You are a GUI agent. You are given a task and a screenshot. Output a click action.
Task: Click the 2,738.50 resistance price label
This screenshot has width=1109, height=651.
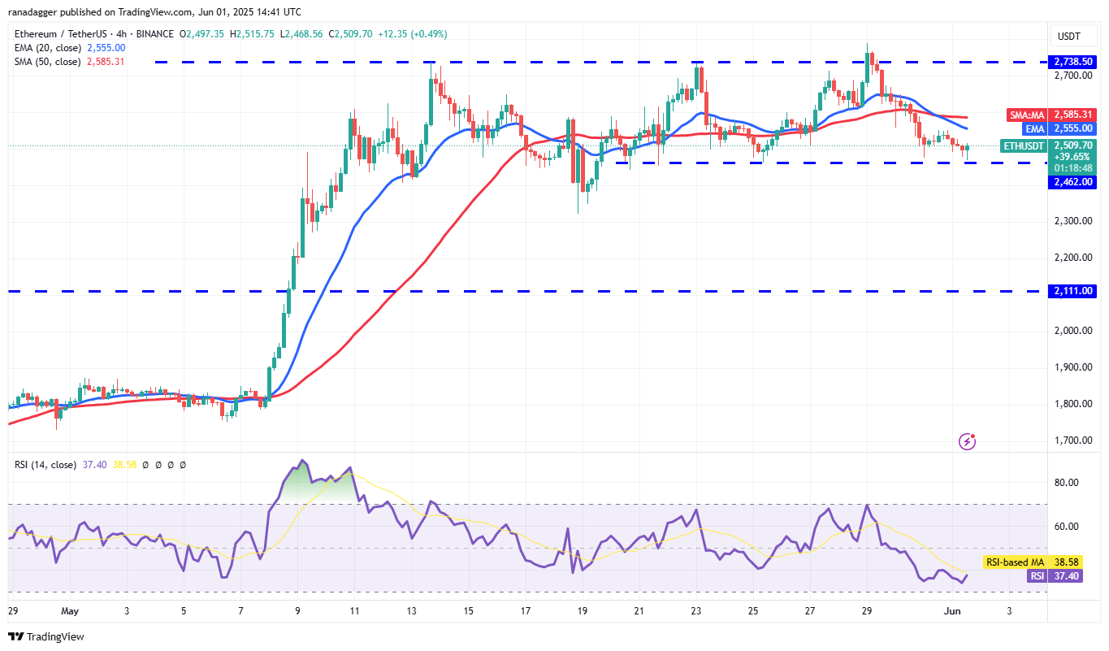tap(1073, 62)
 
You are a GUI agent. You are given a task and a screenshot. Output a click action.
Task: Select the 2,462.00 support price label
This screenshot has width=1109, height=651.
tap(1073, 182)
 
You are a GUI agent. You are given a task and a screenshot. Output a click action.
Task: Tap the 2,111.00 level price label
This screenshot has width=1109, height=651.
tap(1073, 291)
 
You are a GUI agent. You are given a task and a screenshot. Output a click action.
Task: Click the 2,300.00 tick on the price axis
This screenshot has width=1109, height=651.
tap(1073, 221)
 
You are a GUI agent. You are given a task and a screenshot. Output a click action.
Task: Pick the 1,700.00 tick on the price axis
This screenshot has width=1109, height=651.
tap(1073, 441)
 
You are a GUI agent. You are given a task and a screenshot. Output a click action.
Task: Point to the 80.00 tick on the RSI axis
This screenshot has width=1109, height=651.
tap(1066, 483)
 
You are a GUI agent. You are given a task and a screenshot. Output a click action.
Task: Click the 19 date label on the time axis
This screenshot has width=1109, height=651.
tap(583, 610)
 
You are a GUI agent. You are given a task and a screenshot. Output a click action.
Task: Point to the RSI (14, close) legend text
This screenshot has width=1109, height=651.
tap(45, 465)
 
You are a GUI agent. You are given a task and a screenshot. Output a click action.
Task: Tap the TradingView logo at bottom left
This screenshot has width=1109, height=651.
tap(46, 636)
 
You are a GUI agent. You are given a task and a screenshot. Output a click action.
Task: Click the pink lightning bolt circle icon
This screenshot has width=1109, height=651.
tap(967, 441)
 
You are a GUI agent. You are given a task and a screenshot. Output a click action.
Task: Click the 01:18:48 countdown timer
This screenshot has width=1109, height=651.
tap(1073, 168)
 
